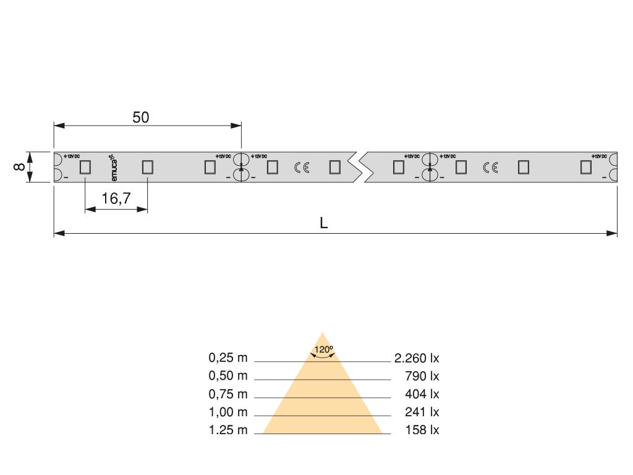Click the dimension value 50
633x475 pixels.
[x=141, y=117]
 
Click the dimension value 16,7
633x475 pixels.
[x=116, y=199]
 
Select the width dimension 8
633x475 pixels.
[x=19, y=167]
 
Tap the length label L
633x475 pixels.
[x=323, y=223]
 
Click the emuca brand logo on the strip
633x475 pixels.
[x=114, y=166]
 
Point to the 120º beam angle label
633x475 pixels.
[x=323, y=350]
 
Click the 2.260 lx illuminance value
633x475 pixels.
[x=416, y=357]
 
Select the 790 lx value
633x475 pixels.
[x=422, y=375]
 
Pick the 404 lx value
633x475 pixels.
[x=422, y=393]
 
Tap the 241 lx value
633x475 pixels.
[x=422, y=412]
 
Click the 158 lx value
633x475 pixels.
[x=422, y=430]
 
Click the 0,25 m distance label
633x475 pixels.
[x=228, y=357]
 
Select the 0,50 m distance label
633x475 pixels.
[x=228, y=375]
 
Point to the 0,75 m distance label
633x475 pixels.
[x=228, y=393]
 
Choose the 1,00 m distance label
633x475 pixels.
[x=228, y=412]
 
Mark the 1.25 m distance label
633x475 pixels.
[x=228, y=430]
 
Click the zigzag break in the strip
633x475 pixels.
[x=358, y=167]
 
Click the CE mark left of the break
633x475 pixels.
[x=302, y=167]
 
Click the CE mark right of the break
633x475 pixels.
[x=491, y=167]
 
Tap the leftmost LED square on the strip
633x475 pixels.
[x=85, y=167]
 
